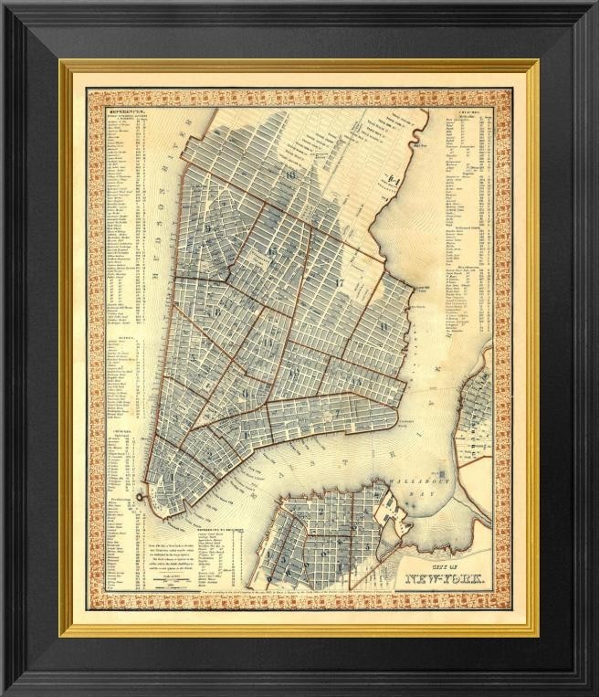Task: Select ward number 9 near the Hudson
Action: point(209,227)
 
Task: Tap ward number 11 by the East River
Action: point(384,324)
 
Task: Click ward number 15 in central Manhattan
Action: point(271,249)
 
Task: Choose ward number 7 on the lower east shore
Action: point(335,413)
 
